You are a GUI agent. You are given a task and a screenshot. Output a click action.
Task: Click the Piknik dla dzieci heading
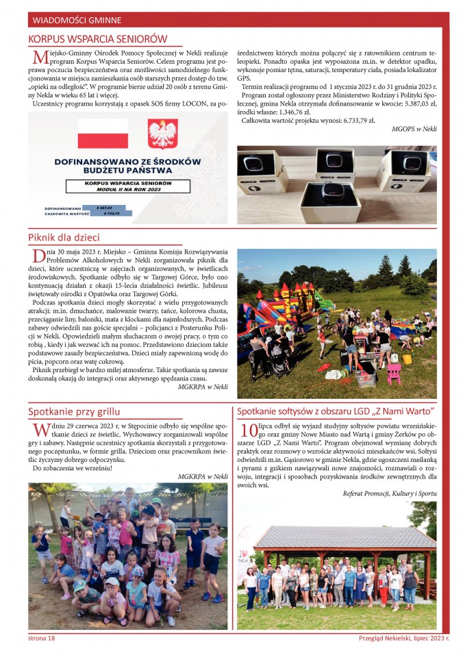(64, 237)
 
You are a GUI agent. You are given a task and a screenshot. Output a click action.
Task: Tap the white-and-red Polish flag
(103, 133)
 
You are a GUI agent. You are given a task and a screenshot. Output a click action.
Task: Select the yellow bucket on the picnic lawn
(407, 359)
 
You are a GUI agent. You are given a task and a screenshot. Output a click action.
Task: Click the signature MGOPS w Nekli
(414, 129)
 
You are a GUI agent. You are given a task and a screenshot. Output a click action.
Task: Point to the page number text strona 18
(42, 637)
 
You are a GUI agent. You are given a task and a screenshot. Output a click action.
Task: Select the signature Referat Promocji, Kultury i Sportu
(389, 493)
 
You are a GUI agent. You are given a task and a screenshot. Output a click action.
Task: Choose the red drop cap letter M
(38, 57)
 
